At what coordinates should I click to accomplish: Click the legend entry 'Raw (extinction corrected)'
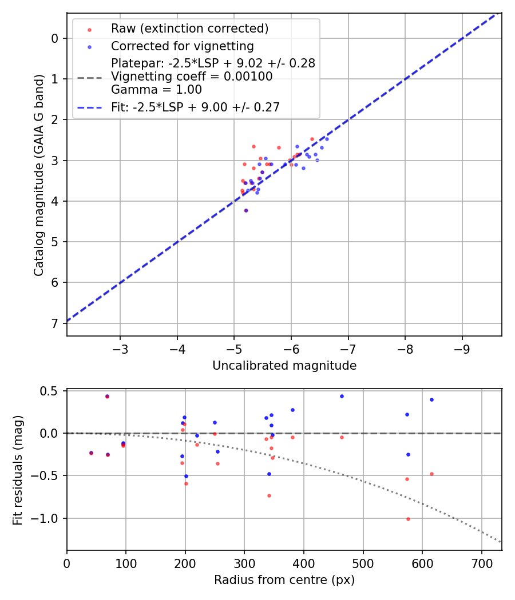point(189,29)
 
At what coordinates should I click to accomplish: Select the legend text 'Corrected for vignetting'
point(182,46)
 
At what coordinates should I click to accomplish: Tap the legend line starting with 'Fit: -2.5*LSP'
point(195,107)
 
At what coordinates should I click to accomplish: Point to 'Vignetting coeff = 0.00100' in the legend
point(192,77)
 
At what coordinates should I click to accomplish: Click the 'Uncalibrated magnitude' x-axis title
point(284,366)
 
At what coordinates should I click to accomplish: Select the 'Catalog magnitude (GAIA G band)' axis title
point(38,174)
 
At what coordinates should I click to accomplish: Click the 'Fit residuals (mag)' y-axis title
point(18,469)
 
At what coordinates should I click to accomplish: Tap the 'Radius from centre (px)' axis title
point(284,580)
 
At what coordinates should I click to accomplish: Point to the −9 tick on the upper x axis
point(462,348)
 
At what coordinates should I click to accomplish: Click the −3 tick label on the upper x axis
point(120,348)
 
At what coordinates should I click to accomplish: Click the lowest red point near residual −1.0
point(408,519)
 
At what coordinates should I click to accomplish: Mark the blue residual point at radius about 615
point(431,399)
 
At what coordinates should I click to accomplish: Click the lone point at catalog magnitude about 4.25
point(246,210)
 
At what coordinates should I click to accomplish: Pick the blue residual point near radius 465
point(342,396)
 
